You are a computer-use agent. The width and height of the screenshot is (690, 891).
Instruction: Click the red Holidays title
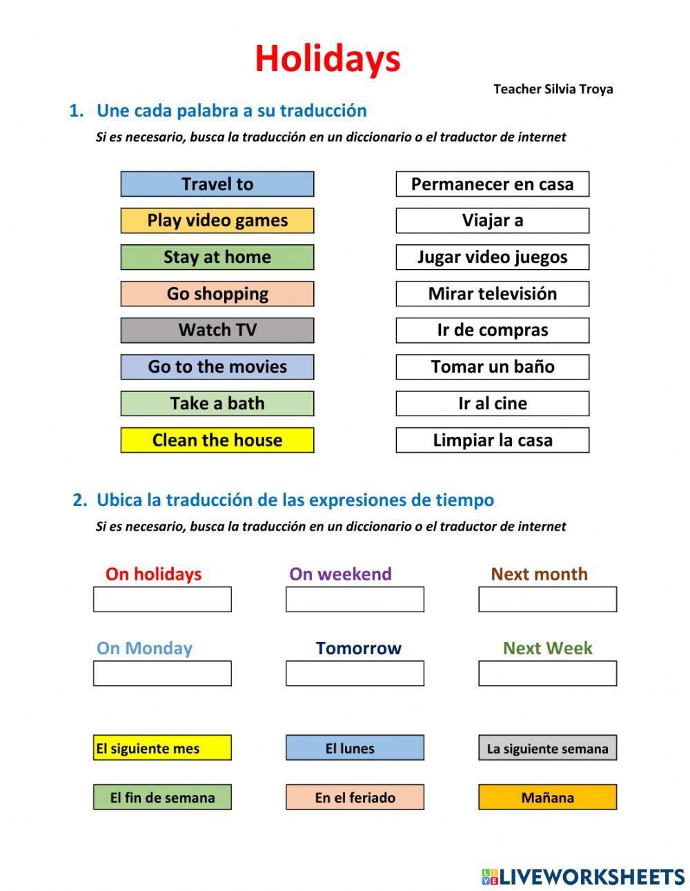[x=328, y=59]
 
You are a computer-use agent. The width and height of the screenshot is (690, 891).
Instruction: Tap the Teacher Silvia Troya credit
[x=553, y=89]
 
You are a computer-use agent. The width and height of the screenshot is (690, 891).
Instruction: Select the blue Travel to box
[x=217, y=184]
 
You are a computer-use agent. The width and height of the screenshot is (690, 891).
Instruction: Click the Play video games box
[x=217, y=221]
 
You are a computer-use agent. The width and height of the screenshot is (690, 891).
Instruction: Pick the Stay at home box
[x=217, y=257]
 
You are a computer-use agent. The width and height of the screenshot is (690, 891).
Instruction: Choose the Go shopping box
[x=217, y=294]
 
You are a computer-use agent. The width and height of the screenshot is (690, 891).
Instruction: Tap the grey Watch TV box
[x=217, y=331]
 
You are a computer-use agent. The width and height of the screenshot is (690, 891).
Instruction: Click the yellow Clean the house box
[x=217, y=440]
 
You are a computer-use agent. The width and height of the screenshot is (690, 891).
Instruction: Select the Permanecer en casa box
[x=492, y=184]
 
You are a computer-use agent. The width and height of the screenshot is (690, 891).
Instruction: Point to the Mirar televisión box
[x=492, y=294]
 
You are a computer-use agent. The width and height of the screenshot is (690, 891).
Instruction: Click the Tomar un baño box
[x=492, y=367]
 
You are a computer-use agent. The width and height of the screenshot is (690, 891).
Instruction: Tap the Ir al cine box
[x=492, y=404]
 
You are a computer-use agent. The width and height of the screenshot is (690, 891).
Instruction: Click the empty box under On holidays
[x=162, y=600]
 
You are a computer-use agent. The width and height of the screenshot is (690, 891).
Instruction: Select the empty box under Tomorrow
[x=355, y=674]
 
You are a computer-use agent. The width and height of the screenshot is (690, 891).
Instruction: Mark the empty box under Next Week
[x=547, y=674]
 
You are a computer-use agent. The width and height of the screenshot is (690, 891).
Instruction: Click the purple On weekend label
[x=340, y=574]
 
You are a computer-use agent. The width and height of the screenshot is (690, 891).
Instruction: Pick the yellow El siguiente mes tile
[x=162, y=748]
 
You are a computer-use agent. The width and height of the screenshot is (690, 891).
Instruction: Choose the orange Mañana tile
[x=547, y=798]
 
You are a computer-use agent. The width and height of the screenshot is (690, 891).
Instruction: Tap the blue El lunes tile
[x=355, y=748]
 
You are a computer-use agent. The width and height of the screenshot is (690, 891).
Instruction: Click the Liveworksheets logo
[x=583, y=877]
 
